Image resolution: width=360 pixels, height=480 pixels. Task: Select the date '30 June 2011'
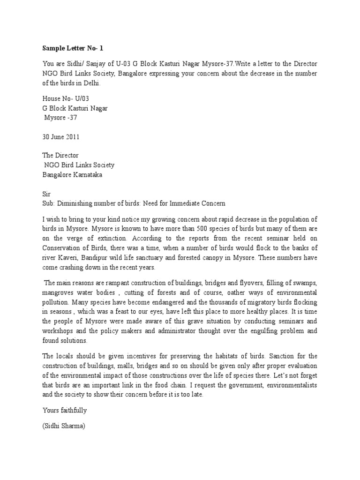coord(60,137)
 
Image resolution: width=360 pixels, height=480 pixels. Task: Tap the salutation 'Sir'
coord(46,194)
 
